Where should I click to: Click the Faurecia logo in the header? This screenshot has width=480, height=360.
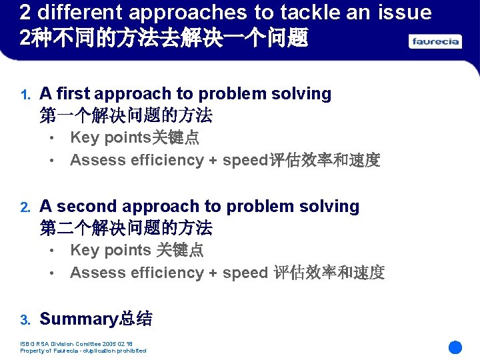tap(435, 41)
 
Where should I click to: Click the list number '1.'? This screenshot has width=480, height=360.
tap(25, 95)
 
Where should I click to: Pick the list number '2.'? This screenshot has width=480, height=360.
tap(25, 207)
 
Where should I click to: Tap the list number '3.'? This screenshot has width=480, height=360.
tap(25, 320)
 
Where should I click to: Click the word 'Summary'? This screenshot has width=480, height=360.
tap(78, 319)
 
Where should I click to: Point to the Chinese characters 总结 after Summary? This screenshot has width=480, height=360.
tap(135, 319)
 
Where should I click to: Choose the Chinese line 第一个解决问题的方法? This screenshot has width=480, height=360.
tap(126, 115)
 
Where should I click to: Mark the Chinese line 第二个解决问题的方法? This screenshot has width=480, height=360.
tap(126, 228)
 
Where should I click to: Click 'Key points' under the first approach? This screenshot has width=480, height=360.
tap(111, 138)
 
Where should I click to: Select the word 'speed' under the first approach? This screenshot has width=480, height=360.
tap(245, 160)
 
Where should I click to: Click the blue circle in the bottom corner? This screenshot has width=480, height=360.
tap(455, 347)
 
